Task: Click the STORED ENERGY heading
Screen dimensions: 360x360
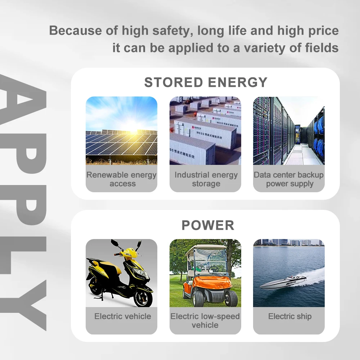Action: (x=206, y=82)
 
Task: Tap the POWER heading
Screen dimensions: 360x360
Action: (x=208, y=225)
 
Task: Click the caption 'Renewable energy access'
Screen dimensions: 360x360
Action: (x=122, y=179)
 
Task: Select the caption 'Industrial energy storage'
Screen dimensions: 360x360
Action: (x=206, y=179)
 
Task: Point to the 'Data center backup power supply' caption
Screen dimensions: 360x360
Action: (x=289, y=179)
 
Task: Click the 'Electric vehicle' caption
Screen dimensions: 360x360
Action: (x=122, y=316)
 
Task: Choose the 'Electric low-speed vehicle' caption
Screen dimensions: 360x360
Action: (x=205, y=320)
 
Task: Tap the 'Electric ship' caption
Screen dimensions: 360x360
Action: (x=290, y=316)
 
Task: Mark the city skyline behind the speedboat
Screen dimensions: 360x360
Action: (x=288, y=242)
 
